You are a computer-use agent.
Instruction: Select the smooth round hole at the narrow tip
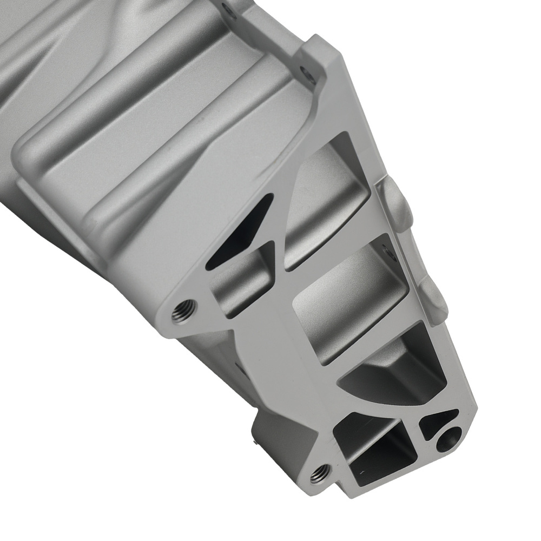pyautogui.click(x=450, y=436)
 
